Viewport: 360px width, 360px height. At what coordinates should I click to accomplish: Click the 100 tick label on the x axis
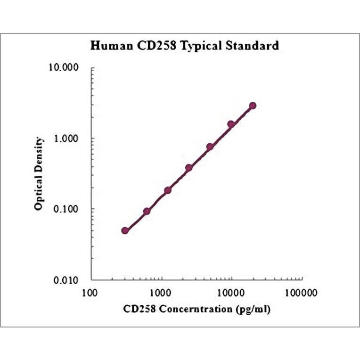[x=91, y=293]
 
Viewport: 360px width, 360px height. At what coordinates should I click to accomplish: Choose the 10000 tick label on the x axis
[x=232, y=293]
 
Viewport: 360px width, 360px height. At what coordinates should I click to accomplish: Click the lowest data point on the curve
[x=125, y=230]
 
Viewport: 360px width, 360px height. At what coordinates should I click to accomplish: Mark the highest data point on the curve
[x=253, y=106]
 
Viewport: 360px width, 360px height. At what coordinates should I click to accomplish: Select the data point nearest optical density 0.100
[x=147, y=212]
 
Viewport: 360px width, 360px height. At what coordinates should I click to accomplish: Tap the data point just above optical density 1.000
[x=231, y=124]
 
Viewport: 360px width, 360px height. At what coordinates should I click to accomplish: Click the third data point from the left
[x=168, y=190]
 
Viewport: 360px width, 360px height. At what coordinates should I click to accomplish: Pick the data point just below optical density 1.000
[x=210, y=147]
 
